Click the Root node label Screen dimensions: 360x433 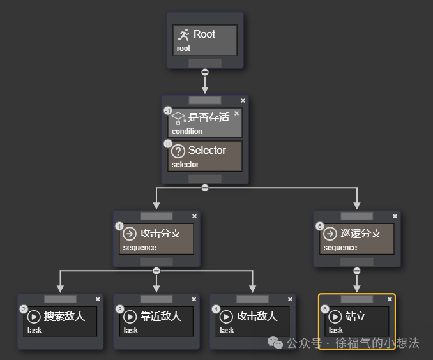pyautogui.click(x=204, y=34)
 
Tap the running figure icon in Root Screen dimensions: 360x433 pyautogui.click(x=183, y=34)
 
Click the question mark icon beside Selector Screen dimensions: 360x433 pyautogui.click(x=179, y=151)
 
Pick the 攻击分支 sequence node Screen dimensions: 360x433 pyautogui.click(x=156, y=239)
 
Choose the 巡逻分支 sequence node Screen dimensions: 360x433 pyautogui.click(x=356, y=239)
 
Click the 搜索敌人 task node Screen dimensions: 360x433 pyautogui.click(x=60, y=321)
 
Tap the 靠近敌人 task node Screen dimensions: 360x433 pyautogui.click(x=156, y=321)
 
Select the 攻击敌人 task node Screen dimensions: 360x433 pyautogui.click(x=253, y=321)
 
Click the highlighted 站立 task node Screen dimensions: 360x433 pyautogui.click(x=356, y=321)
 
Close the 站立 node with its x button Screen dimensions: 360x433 pyautogui.click(x=390, y=299)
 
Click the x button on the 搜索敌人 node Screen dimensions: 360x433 pyautogui.click(x=98, y=299)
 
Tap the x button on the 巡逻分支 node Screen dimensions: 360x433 pyautogui.click(x=395, y=216)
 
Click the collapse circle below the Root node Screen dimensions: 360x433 pyautogui.click(x=205, y=72)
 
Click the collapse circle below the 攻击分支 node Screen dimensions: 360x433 pyautogui.click(x=156, y=271)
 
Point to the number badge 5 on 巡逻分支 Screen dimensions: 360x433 pyautogui.click(x=320, y=226)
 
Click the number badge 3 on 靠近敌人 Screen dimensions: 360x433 pyautogui.click(x=119, y=309)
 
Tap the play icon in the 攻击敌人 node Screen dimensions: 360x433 pyautogui.click(x=226, y=316)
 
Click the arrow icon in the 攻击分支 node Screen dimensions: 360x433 pyautogui.click(x=130, y=234)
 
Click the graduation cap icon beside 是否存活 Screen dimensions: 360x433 pyautogui.click(x=178, y=117)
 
